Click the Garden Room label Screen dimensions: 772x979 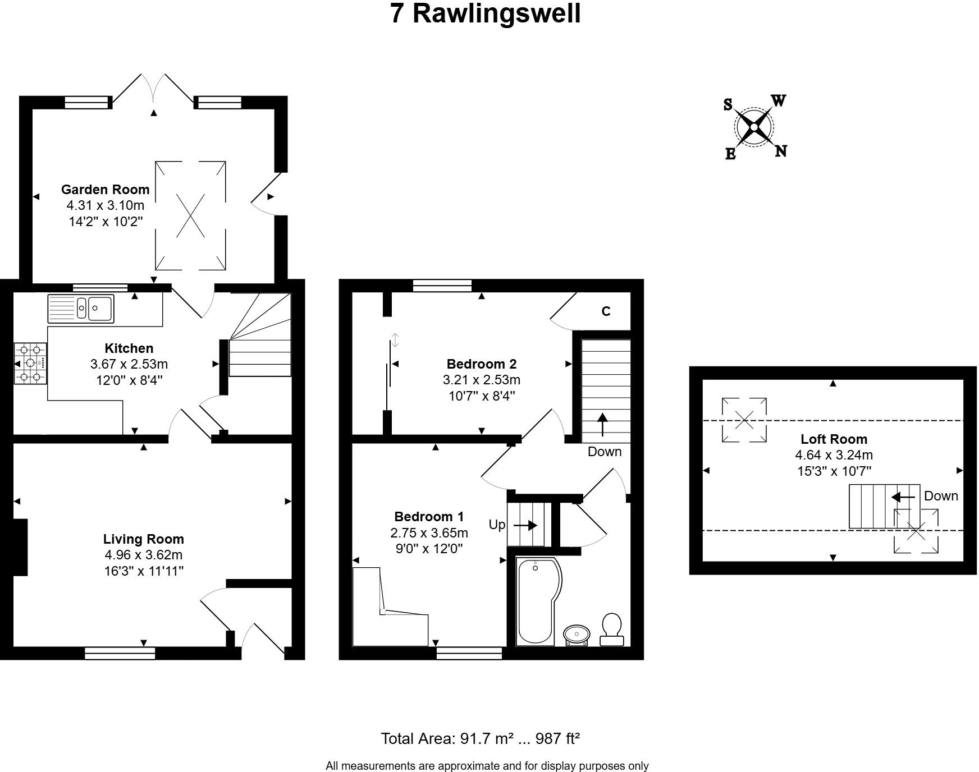pyautogui.click(x=105, y=190)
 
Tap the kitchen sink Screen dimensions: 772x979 pyautogui.click(x=81, y=308)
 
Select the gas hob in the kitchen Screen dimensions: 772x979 pyautogui.click(x=30, y=363)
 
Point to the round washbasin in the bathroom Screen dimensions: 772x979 pyautogui.click(x=577, y=635)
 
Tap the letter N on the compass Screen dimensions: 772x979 pyautogui.click(x=780, y=151)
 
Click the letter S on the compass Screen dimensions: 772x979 pyautogui.click(x=728, y=104)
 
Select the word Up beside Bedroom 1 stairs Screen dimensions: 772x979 pyautogui.click(x=497, y=525)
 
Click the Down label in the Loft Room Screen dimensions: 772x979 pyautogui.click(x=941, y=496)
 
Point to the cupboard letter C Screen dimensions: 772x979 pyautogui.click(x=606, y=311)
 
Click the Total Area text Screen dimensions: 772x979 pyautogui.click(x=480, y=738)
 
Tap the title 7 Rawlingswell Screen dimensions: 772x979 pyautogui.click(x=485, y=13)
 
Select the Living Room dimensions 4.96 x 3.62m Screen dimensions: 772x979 pyautogui.click(x=143, y=555)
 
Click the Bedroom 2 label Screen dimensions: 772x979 pyautogui.click(x=481, y=364)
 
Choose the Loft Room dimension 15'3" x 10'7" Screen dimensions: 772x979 pyautogui.click(x=834, y=471)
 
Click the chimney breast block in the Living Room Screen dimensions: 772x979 pyautogui.click(x=20, y=547)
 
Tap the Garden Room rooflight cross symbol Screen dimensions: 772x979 pyautogui.click(x=190, y=216)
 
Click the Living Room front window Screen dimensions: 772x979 pyautogui.click(x=120, y=653)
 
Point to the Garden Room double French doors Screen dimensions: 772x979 pyautogui.click(x=154, y=90)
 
